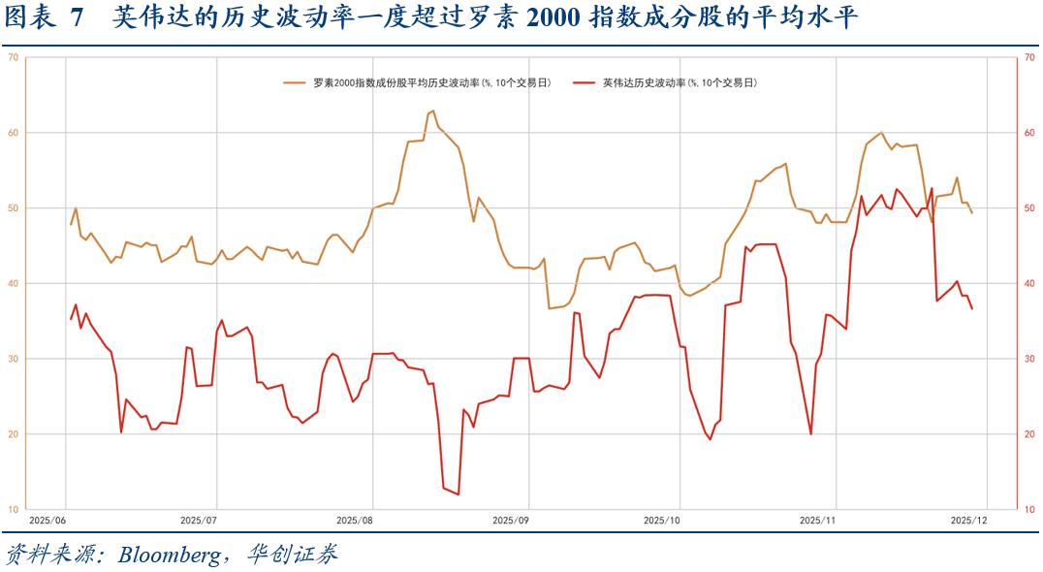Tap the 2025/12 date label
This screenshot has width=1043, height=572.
[x=967, y=521]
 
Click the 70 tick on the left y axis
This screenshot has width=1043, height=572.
[x=13, y=57]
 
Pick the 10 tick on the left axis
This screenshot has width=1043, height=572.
[x=13, y=509]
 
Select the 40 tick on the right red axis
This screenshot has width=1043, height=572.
[x=1030, y=283]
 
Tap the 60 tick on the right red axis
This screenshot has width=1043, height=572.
[x=1030, y=133]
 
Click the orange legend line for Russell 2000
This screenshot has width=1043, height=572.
[x=295, y=82]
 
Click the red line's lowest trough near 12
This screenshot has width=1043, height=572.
[x=458, y=494]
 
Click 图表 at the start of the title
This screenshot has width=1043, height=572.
[x=27, y=18]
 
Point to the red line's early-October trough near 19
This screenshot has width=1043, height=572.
[x=710, y=439]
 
